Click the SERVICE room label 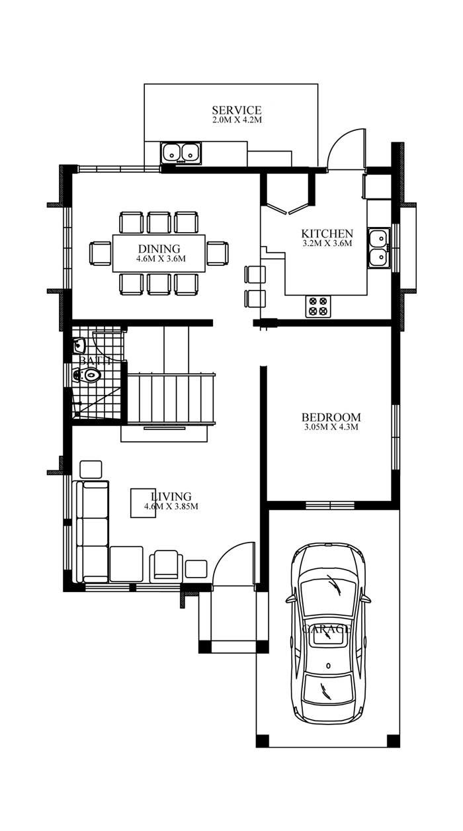(236, 110)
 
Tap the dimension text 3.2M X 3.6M (327, 243)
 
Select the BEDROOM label (331, 417)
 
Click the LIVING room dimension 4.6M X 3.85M (171, 507)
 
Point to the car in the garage (328, 634)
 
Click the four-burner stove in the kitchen (317, 306)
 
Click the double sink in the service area (181, 153)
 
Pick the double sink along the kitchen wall (379, 247)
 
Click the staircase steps (171, 398)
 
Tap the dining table (159, 253)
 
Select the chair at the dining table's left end (101, 253)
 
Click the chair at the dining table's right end (217, 253)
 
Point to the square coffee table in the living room (143, 503)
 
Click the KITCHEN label (327, 234)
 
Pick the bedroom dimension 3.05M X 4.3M (331, 427)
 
